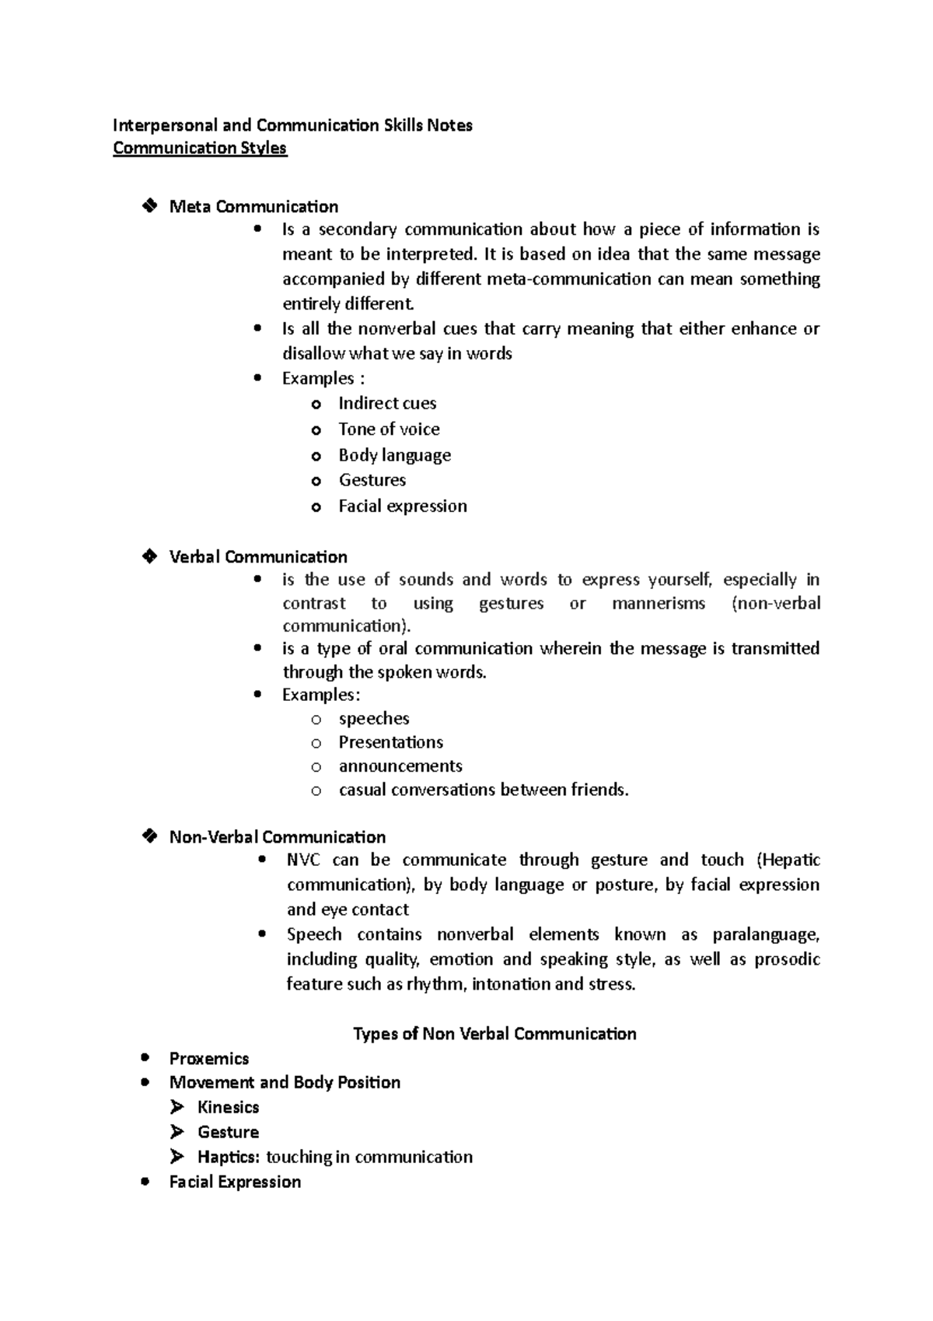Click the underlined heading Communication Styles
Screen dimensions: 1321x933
pos(200,149)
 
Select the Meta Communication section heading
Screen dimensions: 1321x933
pos(253,207)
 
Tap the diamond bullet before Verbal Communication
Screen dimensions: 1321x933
pos(149,556)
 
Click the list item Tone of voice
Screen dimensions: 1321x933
pos(389,429)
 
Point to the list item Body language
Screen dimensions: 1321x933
pos(394,455)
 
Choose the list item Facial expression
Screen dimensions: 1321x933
pos(403,506)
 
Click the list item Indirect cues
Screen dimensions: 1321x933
pos(387,404)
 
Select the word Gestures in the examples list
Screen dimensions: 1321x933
pos(372,480)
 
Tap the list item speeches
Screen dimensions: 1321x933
pos(374,719)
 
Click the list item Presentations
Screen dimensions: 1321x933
pos(390,742)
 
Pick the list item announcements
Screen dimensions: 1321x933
pos(400,766)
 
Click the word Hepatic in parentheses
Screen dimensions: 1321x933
pos(790,860)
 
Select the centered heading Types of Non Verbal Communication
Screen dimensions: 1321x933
pos(494,1034)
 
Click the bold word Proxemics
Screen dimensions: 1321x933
pos(209,1059)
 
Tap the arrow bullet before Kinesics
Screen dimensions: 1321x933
pos(177,1107)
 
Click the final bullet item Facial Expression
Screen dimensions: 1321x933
pos(235,1183)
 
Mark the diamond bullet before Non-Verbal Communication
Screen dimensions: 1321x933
pos(149,836)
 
